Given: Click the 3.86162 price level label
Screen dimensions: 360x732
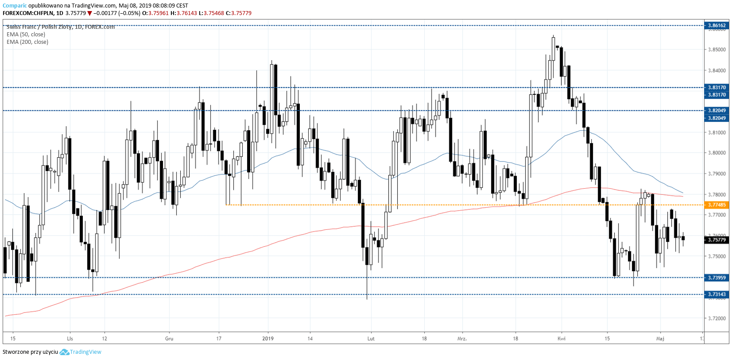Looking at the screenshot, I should tap(717, 25).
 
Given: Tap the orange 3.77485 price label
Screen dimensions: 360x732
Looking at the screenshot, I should tap(717, 205).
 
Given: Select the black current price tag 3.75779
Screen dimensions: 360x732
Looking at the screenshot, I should tap(717, 240).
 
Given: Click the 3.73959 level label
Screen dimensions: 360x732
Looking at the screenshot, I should tap(717, 278).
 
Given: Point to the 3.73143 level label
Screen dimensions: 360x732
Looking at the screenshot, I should tap(717, 294).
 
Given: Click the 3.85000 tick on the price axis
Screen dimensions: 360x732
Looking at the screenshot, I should tap(717, 50).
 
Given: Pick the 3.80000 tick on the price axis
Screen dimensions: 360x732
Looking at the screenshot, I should tap(717, 153).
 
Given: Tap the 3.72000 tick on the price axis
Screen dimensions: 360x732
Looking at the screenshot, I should tap(717, 318).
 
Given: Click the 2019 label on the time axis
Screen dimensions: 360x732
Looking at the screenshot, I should tap(268, 339).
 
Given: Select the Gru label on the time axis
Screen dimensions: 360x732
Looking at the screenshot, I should tap(169, 339).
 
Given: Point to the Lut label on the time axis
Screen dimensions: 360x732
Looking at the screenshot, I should tap(371, 339).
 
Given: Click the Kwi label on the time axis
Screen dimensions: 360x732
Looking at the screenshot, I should tap(562, 339).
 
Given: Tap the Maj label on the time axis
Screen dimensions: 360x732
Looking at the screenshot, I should tap(660, 339).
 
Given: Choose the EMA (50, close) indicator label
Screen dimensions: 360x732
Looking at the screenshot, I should tap(26, 35).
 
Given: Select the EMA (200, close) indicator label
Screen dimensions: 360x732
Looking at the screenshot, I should tap(27, 42).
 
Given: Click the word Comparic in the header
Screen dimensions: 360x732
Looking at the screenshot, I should tap(15, 6).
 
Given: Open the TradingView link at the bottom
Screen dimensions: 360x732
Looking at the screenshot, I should tap(85, 352).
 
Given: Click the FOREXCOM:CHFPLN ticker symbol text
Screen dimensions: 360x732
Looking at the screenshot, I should tap(27, 13).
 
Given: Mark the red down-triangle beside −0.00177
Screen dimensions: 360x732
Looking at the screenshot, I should tap(89, 13).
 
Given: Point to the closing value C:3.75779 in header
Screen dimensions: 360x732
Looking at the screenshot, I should tap(239, 13).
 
